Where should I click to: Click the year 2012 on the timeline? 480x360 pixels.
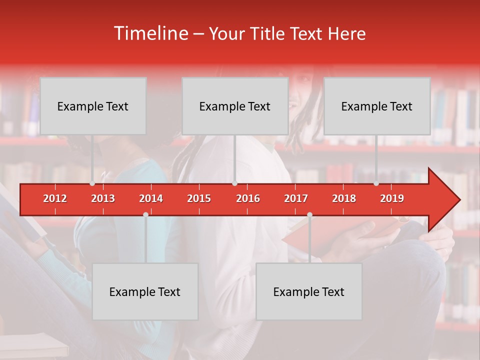tap(55, 198)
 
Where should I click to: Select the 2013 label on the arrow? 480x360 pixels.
tap(103, 198)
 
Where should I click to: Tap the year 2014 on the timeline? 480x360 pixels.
tap(151, 198)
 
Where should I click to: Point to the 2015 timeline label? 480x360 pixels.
tap(199, 198)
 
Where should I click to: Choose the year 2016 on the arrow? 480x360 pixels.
tap(248, 198)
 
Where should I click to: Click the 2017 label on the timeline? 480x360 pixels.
tap(296, 198)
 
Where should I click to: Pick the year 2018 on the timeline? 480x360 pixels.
tap(344, 198)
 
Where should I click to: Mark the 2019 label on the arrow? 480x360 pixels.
tap(392, 198)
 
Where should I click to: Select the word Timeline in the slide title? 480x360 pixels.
tap(150, 33)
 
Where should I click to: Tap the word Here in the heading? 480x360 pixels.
tap(347, 34)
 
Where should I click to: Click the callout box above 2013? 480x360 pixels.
tap(93, 106)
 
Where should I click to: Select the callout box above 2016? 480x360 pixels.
tap(235, 106)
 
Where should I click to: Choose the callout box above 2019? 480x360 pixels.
tap(377, 106)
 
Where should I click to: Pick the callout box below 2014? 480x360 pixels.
tap(145, 291)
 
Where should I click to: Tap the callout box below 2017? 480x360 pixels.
tap(309, 291)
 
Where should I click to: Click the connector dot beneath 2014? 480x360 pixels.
tap(145, 214)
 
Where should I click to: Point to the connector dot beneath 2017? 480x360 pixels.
tap(309, 214)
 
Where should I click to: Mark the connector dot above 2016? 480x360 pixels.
tap(234, 183)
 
